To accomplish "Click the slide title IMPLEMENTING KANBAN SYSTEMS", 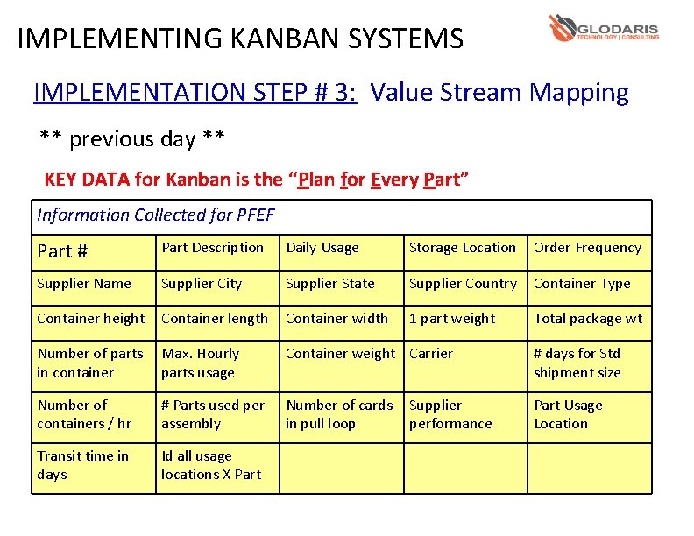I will click(240, 39).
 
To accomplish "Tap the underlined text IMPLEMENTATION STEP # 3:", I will click(195, 92).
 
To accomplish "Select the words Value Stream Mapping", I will click(499, 92).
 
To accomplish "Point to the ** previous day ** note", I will click(132, 138).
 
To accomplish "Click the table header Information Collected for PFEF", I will click(156, 215).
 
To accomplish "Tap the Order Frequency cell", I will click(588, 248).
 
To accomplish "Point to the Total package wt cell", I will click(588, 319).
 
